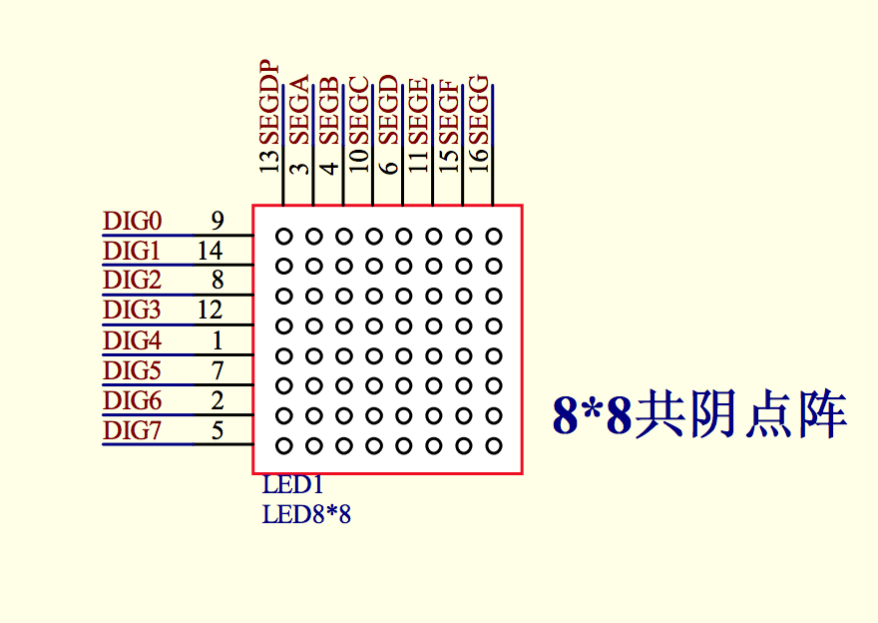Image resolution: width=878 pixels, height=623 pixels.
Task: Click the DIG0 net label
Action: [133, 222]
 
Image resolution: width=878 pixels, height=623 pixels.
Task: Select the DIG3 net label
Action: [132, 310]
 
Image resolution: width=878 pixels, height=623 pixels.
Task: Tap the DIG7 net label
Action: [132, 430]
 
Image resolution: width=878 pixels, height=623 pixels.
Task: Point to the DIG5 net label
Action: [132, 370]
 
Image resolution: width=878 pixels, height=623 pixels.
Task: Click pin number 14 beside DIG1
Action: [210, 251]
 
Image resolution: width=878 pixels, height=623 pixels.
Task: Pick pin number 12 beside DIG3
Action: [210, 310]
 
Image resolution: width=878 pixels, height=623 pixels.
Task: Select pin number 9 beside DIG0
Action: [218, 222]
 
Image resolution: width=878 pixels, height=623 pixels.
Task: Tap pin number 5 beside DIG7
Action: [218, 430]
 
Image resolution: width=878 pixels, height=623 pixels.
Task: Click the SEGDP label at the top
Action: [269, 103]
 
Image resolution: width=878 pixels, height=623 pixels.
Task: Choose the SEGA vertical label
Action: [299, 110]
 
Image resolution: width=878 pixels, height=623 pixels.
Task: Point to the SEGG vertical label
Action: [479, 109]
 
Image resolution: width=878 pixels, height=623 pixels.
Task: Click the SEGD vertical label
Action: [388, 109]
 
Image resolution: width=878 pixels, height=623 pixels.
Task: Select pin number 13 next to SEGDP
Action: [269, 160]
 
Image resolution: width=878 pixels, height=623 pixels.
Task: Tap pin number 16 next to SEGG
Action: [479, 160]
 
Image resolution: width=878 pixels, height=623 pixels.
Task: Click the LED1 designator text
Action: [293, 485]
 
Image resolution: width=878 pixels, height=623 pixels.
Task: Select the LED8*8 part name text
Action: [307, 514]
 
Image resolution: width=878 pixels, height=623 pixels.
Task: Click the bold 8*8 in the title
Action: [593, 415]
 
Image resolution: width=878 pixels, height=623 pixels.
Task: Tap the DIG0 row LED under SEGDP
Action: [284, 237]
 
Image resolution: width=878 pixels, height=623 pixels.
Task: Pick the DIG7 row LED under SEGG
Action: [493, 446]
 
